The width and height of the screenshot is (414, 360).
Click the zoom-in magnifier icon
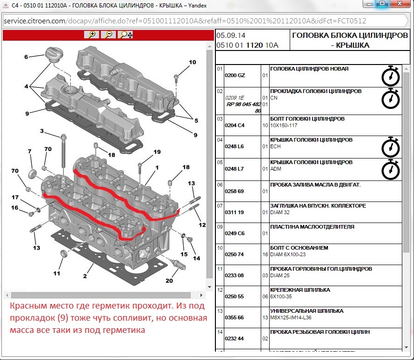click(92, 35)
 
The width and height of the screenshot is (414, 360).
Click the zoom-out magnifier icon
click(108, 35)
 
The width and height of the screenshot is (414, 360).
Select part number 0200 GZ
click(235, 75)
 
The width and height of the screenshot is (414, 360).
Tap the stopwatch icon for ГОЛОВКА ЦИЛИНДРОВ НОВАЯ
click(390, 76)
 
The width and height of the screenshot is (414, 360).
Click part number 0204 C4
click(235, 125)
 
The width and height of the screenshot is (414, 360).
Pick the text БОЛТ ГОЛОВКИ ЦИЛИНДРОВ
click(307, 119)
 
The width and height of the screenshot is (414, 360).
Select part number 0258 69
click(235, 191)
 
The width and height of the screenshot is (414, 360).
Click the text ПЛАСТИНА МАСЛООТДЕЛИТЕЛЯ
click(312, 227)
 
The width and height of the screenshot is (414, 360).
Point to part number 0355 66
click(235, 317)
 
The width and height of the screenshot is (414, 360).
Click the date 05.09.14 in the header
click(231, 36)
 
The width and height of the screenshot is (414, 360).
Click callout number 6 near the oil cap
click(27, 57)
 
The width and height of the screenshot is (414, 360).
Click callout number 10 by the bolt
click(193, 62)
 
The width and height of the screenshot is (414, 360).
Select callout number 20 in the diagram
click(169, 281)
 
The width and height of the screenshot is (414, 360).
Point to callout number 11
click(57, 274)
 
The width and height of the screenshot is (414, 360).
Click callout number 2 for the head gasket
click(85, 276)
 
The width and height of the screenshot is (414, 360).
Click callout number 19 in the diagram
click(157, 152)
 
